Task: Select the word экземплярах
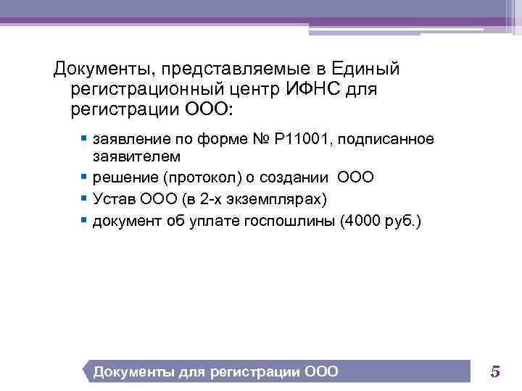pos(278,199)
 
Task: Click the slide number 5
pos(495,372)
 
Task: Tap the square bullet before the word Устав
pos(85,198)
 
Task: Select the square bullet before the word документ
pos(85,219)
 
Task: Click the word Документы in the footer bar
pos(133,372)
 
